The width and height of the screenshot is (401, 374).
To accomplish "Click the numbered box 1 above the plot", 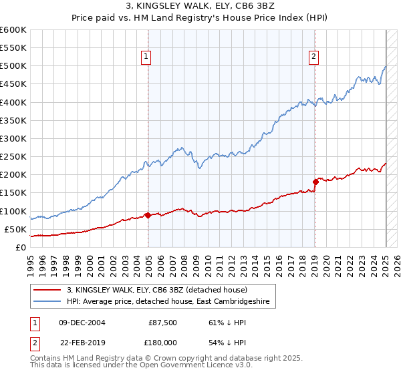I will click(146, 57).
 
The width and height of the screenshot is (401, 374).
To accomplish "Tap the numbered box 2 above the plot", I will click(313, 57).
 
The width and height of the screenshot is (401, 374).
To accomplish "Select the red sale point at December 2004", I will click(148, 215).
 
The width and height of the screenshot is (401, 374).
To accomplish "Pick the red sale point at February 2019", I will click(315, 181).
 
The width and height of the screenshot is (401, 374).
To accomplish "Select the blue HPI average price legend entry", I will click(167, 302).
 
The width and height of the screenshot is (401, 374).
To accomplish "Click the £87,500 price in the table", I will click(163, 322).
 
